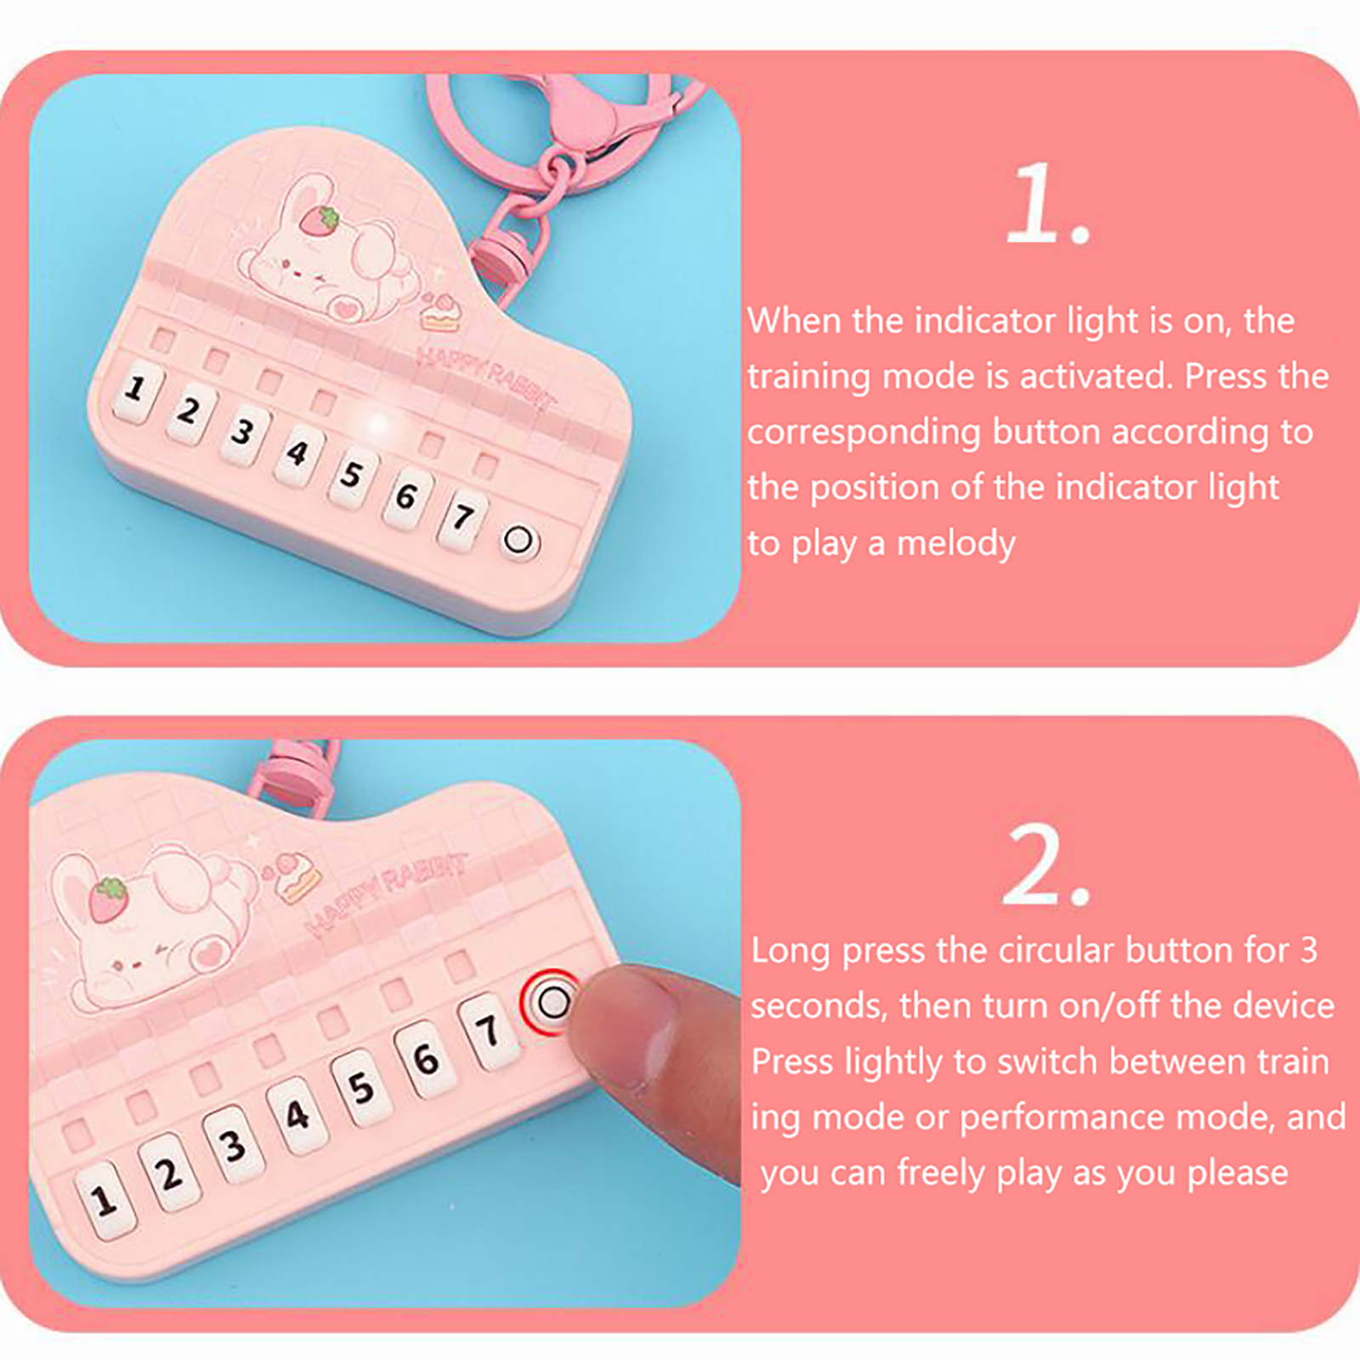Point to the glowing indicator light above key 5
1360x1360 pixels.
[x=377, y=422]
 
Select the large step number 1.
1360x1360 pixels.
[x=1046, y=204]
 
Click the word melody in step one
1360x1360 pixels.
[x=956, y=544]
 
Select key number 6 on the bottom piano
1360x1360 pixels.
[x=426, y=1059]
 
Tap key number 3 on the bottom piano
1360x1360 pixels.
[x=232, y=1145]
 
